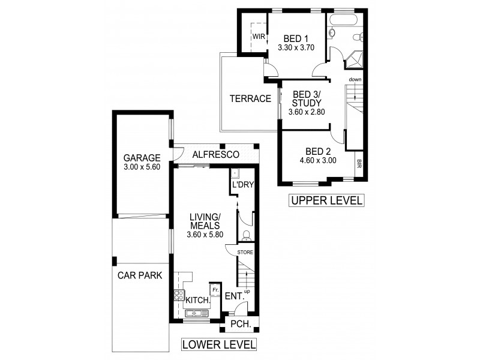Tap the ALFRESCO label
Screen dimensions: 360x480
pos(215,155)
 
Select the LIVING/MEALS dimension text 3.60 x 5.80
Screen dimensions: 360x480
pos(206,235)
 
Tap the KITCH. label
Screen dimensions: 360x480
pos(197,300)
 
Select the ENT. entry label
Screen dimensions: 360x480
pos(233,296)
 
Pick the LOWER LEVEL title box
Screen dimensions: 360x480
pos(218,344)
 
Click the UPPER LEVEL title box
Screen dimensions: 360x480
pos(326,200)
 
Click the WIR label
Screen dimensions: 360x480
pos(259,37)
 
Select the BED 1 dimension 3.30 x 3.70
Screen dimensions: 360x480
pos(296,46)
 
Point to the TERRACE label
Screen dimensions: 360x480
pos(251,99)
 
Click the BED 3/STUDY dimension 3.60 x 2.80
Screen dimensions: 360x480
pos(306,112)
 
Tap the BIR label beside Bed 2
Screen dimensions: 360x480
pos(359,163)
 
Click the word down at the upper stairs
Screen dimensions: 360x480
pos(355,80)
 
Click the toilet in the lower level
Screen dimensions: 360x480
pos(246,236)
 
